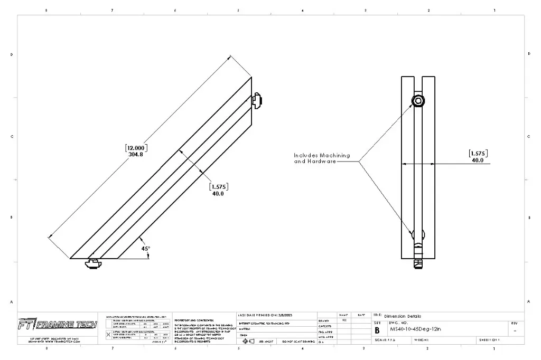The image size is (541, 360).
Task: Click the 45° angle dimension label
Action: point(145,248)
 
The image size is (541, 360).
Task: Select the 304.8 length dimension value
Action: point(136,155)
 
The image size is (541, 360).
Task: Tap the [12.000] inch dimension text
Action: point(136,148)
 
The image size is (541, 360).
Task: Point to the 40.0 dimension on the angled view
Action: point(218,194)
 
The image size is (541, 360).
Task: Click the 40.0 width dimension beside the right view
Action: point(478,160)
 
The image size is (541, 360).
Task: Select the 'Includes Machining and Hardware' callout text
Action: point(322,158)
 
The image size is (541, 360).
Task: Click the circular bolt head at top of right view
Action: point(418,100)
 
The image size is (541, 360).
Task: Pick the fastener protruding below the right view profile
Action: point(418,262)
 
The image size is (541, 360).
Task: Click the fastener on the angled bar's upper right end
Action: point(257,99)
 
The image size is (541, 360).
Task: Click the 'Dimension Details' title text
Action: point(403,316)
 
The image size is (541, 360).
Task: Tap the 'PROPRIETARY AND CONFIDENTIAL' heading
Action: point(193,320)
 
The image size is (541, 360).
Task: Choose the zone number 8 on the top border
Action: point(46,10)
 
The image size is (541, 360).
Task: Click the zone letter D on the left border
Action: point(12,54)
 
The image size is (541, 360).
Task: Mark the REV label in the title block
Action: point(515,323)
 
